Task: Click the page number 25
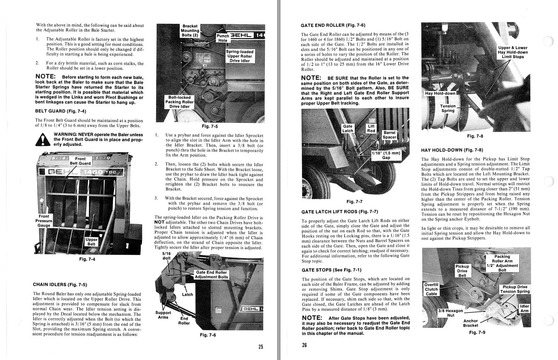[261, 347]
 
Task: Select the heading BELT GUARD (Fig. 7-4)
[60, 111]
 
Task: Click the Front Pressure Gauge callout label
[44, 221]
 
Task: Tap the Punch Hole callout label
[223, 38]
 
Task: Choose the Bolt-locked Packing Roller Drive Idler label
[179, 102]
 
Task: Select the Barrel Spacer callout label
[389, 135]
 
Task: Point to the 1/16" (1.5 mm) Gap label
[386, 155]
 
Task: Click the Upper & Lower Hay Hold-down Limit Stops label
[512, 52]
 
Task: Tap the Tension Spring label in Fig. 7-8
[448, 108]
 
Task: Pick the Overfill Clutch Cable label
[432, 289]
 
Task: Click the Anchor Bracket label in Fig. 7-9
[471, 323]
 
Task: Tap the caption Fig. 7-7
[354, 201]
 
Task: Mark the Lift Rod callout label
[371, 128]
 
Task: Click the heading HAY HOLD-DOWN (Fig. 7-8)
[452, 150]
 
